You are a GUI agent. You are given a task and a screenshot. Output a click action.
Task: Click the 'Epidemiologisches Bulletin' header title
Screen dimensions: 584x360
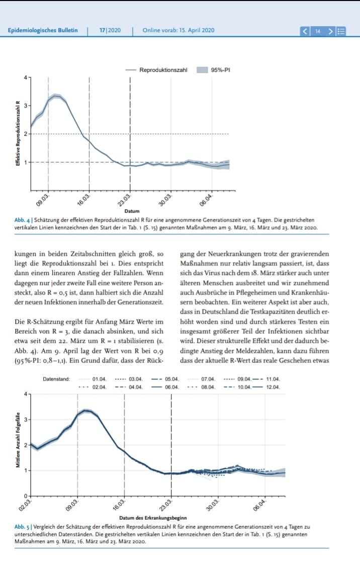(x=43, y=30)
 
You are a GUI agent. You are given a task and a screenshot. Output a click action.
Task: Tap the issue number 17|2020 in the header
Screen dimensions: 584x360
(x=110, y=30)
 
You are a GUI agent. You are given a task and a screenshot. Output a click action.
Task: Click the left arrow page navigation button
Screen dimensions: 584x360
(x=305, y=31)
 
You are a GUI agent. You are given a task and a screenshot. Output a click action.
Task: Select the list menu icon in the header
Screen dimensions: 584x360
(x=341, y=31)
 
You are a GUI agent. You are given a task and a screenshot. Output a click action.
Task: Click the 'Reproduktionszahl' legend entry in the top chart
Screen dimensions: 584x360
(x=163, y=70)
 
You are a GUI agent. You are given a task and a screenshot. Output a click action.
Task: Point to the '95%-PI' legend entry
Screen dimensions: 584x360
(x=220, y=70)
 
